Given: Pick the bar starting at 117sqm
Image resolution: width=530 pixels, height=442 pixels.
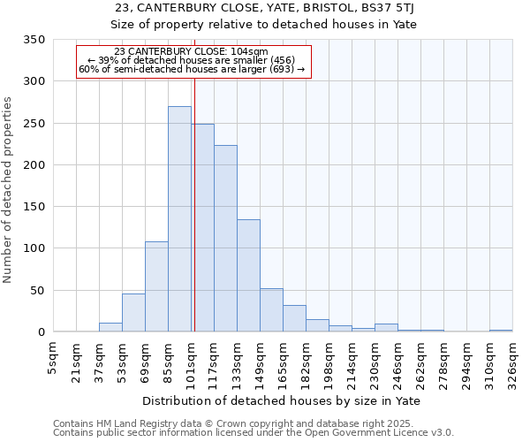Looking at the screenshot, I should pyautogui.click(x=225, y=239).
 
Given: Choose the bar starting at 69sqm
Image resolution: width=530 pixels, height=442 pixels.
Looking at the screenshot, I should pyautogui.click(x=156, y=287).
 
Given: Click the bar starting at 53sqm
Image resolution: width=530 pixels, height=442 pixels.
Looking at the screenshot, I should pyautogui.click(x=133, y=313).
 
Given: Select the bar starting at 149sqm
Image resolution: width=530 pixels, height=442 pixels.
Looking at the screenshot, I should pyautogui.click(x=271, y=310).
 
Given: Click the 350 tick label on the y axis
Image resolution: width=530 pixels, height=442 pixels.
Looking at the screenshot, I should pyautogui.click(x=34, y=40).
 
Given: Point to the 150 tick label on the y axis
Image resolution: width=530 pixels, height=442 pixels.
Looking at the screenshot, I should pyautogui.click(x=34, y=207).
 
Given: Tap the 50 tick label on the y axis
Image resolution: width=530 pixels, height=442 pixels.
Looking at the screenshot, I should pyautogui.click(x=38, y=290).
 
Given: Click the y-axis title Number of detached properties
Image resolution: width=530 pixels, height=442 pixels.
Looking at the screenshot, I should pyautogui.click(x=9, y=189).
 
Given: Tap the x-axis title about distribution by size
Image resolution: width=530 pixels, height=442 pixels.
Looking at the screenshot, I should pyautogui.click(x=281, y=401).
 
